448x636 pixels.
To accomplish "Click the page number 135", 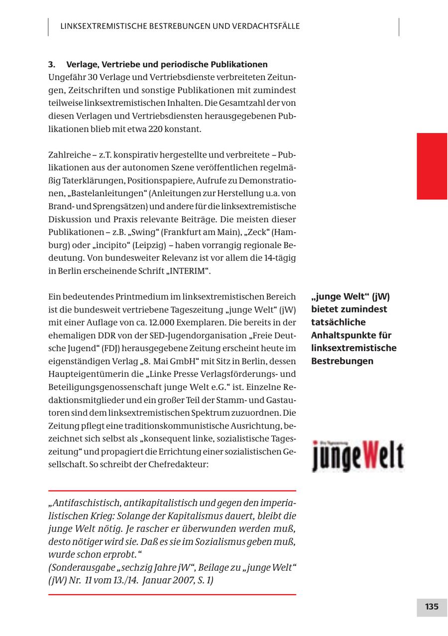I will (x=432, y=607).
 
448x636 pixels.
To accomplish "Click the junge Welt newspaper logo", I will (x=358, y=456).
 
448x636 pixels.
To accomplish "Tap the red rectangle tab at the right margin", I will (x=432, y=166).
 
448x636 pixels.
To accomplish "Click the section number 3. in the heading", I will (x=51, y=65).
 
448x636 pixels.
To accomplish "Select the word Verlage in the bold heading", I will (x=82, y=65).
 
